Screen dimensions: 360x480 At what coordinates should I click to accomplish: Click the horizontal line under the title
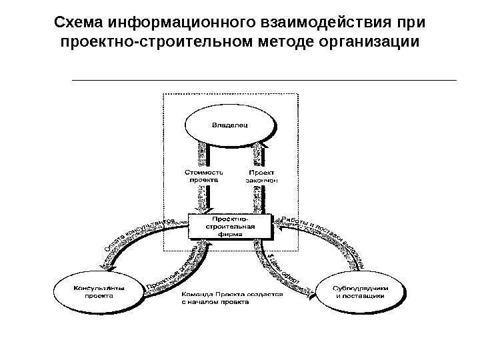(x=263, y=80)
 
